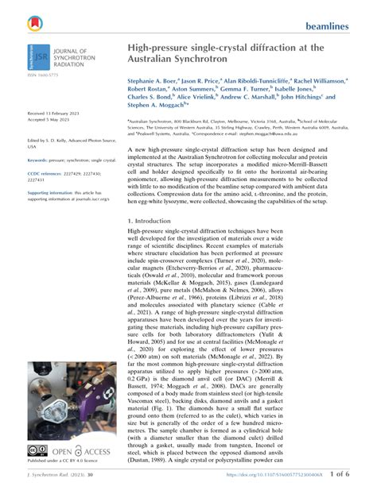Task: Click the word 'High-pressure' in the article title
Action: (x=158, y=48)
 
